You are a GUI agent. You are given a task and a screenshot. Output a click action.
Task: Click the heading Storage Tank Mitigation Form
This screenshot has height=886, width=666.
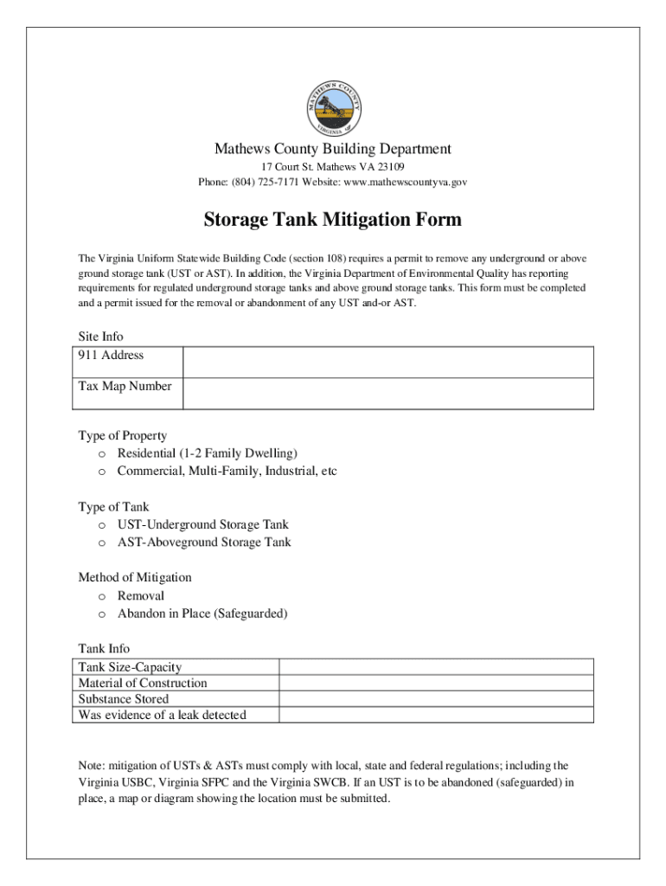click(x=333, y=220)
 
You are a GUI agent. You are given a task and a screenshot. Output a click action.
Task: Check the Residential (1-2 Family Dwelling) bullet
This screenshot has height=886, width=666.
click(x=101, y=454)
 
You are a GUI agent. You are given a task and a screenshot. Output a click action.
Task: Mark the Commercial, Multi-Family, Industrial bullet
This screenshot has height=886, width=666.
click(x=101, y=472)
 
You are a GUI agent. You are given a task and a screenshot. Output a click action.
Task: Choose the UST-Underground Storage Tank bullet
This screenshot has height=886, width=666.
click(x=101, y=525)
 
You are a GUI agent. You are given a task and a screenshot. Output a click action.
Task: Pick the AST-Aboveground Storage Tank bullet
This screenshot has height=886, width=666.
click(x=101, y=543)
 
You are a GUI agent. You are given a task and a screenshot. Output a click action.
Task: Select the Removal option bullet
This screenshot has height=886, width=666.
click(x=101, y=597)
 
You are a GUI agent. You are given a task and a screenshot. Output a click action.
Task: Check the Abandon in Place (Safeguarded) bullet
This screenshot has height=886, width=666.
click(x=101, y=614)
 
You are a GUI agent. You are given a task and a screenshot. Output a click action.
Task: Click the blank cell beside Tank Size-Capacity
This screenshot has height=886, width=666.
click(x=436, y=667)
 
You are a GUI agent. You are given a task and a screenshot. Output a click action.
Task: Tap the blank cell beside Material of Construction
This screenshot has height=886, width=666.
click(x=436, y=683)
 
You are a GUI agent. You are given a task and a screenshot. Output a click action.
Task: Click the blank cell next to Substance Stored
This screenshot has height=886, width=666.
click(x=436, y=699)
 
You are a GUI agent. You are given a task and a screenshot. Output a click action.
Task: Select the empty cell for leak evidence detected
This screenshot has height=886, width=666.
click(x=436, y=715)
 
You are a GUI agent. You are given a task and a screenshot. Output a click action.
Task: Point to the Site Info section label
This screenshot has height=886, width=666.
click(x=100, y=337)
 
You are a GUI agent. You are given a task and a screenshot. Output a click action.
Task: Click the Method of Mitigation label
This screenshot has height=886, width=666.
click(x=135, y=577)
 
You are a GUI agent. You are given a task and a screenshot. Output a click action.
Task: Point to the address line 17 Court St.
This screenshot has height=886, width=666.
click(x=333, y=166)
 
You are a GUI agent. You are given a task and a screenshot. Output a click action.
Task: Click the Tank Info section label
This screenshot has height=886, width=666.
click(x=104, y=648)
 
